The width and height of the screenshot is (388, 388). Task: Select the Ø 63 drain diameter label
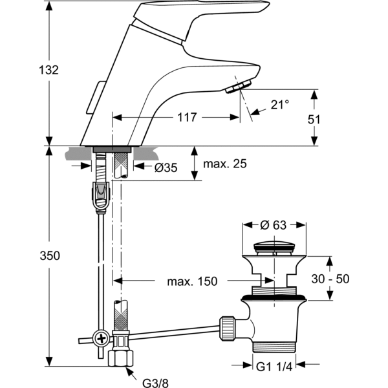point(274,226)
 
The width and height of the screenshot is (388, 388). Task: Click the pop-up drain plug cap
point(274,246)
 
